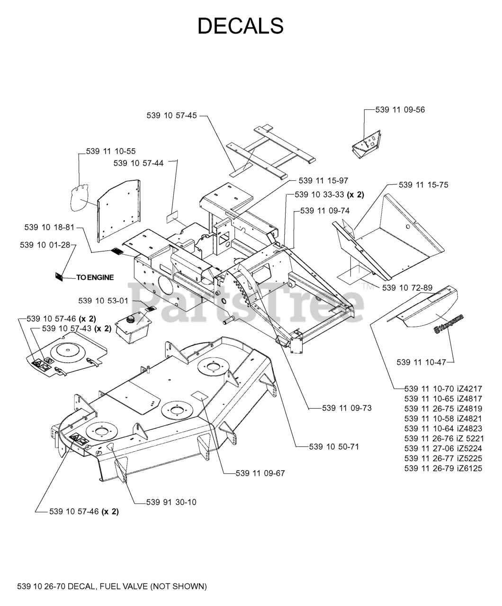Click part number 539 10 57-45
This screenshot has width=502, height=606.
point(171,115)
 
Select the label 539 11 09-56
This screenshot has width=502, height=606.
point(400,110)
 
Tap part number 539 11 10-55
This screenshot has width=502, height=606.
point(111,151)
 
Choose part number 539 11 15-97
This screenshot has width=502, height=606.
point(323,181)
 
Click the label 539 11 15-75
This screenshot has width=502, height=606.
point(423,185)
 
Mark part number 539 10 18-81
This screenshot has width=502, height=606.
point(49,228)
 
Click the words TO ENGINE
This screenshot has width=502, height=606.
point(95,277)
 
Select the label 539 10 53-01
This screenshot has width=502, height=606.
point(103,301)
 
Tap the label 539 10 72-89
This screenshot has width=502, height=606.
point(407,288)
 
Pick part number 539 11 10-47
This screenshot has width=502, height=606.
point(421,362)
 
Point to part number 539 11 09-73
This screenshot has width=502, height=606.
point(347,408)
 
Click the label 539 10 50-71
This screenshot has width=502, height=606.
point(333,446)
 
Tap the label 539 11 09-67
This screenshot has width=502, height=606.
point(260,473)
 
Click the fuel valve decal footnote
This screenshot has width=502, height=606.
point(112,587)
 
